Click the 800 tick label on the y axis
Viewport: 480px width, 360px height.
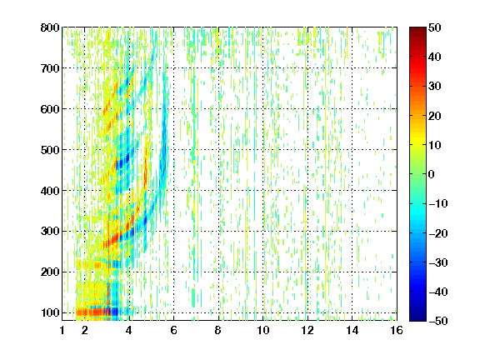coord(50,27)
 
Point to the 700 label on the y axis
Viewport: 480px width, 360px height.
coord(50,68)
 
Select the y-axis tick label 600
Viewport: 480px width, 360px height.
coord(50,109)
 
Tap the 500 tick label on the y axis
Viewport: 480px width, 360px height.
coord(50,150)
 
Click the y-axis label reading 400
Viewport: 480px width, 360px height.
coord(50,191)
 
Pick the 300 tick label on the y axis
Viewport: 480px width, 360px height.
coord(50,232)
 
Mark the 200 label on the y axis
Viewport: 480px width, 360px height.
coord(50,272)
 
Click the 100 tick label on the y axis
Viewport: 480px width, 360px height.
coord(50,312)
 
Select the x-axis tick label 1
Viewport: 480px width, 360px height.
coord(62,330)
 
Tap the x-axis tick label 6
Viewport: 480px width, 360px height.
coord(173,330)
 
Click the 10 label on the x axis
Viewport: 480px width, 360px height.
coord(263,330)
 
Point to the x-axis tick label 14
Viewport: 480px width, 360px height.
coord(352,330)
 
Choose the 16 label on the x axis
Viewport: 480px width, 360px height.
coord(397,330)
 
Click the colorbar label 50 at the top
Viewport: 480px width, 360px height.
coord(435,27)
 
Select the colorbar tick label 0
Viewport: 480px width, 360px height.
coord(432,174)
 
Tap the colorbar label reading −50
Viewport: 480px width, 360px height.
coord(438,321)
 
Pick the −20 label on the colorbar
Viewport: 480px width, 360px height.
coord(438,233)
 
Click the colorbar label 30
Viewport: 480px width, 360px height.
coord(435,87)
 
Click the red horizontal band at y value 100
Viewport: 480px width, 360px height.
coord(92,312)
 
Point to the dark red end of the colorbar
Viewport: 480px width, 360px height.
coord(417,31)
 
